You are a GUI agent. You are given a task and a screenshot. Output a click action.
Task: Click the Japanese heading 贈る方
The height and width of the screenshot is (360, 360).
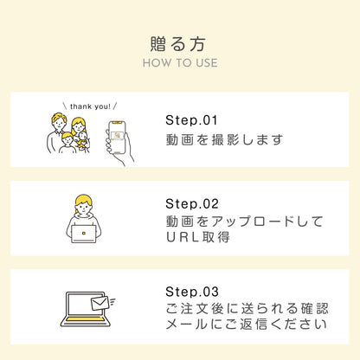click(178, 44)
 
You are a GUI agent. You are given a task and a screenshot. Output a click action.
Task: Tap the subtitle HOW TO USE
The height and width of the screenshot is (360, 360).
click(180, 63)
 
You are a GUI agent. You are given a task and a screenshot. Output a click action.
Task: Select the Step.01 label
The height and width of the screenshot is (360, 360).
click(191, 120)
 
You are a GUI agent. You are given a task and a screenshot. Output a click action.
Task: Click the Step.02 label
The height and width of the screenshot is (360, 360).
click(192, 204)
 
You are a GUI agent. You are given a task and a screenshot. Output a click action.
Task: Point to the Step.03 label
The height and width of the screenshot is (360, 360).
click(192, 292)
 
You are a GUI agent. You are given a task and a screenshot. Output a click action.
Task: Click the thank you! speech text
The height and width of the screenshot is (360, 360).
click(90, 106)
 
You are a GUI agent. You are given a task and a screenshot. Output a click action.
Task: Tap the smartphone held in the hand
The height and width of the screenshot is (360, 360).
click(117, 137)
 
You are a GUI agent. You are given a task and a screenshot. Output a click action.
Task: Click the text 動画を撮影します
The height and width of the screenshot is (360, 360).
click(224, 140)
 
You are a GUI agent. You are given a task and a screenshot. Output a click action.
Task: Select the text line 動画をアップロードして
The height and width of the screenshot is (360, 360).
click(244, 222)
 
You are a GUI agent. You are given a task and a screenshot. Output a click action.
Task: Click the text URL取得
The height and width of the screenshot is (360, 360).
click(198, 237)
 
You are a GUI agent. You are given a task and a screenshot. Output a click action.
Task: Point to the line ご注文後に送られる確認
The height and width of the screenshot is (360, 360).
click(247, 308)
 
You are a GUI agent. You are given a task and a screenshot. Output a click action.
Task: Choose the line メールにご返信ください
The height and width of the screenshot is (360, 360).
click(247, 325)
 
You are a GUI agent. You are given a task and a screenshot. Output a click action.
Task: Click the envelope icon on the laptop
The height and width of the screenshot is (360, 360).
click(100, 303)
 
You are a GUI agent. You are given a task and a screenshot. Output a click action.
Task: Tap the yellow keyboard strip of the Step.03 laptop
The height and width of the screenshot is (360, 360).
click(86, 319)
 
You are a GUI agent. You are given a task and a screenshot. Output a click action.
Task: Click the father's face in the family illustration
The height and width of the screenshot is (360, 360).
click(59, 124)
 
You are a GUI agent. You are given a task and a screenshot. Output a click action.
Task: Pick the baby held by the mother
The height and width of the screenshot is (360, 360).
click(82, 141)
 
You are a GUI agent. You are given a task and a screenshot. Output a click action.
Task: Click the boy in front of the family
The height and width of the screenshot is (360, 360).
click(67, 143)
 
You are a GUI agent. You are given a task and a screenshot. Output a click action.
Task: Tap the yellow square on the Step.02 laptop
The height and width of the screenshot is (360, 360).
click(84, 233)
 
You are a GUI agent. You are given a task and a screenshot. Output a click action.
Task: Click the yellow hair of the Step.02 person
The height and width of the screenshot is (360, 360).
click(84, 200)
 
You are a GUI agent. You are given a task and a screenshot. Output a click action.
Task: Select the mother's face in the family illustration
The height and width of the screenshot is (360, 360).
click(79, 127)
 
